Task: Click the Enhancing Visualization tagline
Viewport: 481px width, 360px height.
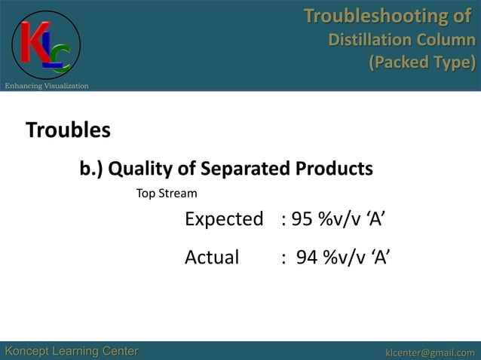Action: (x=47, y=86)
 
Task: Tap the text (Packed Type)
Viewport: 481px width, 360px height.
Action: (x=421, y=62)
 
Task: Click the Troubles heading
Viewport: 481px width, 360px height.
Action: (x=68, y=130)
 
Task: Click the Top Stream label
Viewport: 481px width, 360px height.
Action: (x=166, y=194)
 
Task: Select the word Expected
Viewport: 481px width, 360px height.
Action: (x=224, y=220)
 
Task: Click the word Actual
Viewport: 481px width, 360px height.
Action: (x=212, y=258)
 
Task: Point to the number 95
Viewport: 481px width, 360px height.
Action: (x=302, y=220)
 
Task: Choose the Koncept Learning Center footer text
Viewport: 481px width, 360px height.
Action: (x=72, y=351)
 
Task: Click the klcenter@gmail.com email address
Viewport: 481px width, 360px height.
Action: (x=430, y=352)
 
